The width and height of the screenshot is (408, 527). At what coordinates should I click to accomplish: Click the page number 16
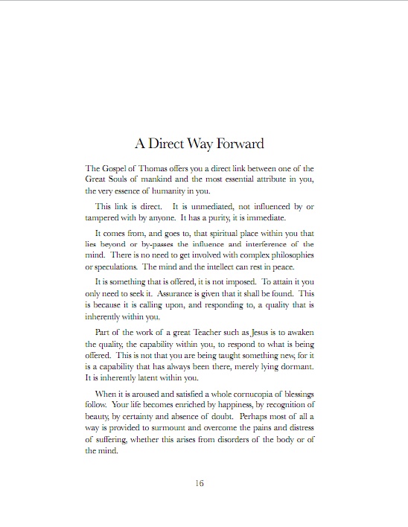(200, 483)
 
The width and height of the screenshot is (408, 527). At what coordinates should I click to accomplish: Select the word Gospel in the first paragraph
(115, 168)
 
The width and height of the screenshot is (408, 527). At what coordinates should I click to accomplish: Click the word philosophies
(287, 255)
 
